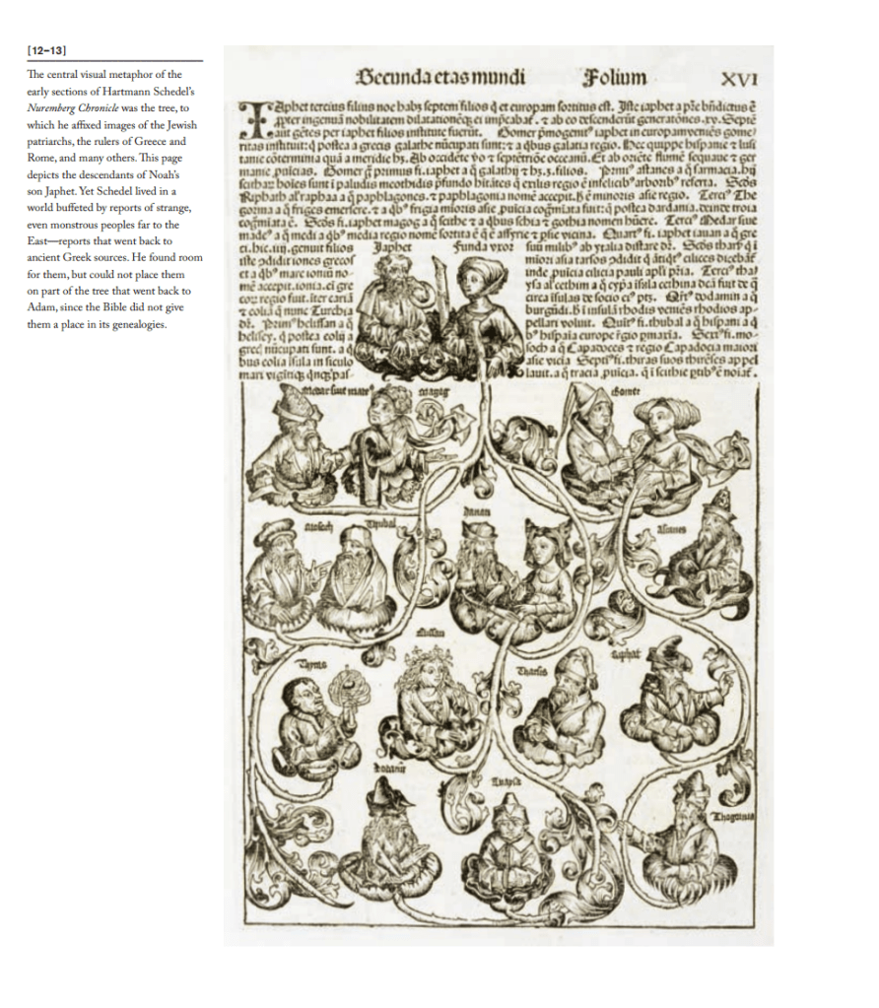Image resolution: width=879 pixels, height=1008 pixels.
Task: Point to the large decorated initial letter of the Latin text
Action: pyautogui.click(x=252, y=116)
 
